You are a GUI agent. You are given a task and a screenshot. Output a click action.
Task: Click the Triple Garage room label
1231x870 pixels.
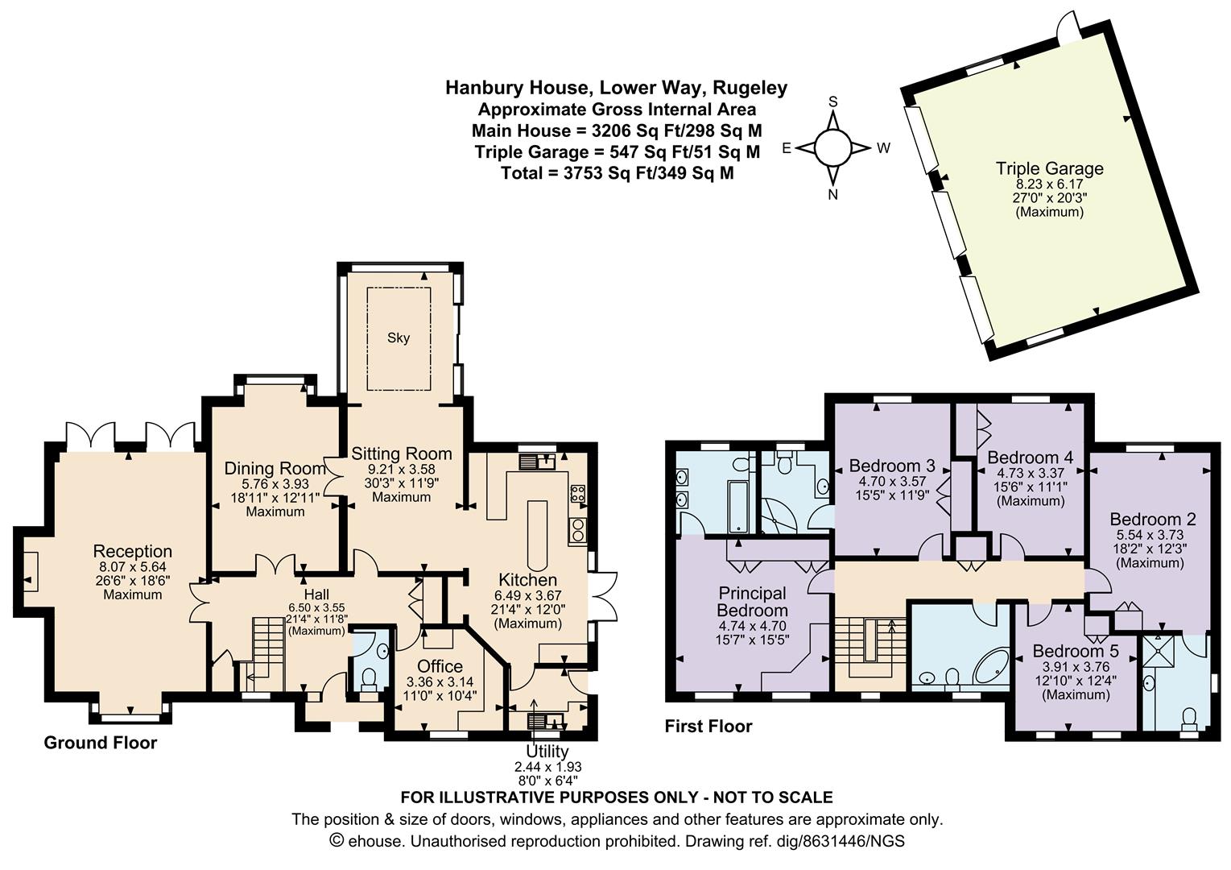pos(1050,168)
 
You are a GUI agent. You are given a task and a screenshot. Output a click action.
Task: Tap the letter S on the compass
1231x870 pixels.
pos(833,101)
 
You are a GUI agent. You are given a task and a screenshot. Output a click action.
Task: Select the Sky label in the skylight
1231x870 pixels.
pos(399,338)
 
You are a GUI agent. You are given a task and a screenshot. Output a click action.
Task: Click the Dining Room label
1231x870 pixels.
pos(275,469)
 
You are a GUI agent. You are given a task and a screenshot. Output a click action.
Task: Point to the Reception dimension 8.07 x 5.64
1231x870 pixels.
pos(133,567)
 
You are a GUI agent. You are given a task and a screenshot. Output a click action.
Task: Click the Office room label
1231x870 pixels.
pos(440,666)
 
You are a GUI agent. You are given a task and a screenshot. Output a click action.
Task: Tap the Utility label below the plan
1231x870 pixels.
pos(547,752)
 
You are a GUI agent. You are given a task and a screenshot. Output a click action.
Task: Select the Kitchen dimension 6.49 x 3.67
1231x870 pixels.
pos(527,595)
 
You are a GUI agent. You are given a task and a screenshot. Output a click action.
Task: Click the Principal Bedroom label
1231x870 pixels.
pos(752,602)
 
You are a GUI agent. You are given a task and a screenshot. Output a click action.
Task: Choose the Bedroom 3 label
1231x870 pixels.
pos(892,466)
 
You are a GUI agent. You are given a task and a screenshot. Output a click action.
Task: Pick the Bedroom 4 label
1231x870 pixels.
pos(1031,458)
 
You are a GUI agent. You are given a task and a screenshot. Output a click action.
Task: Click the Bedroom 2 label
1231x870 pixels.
pos(1152,519)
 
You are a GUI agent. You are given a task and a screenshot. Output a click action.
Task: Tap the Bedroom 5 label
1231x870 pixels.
pos(1076,651)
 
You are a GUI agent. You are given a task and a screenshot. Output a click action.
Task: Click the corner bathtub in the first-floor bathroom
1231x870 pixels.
pos(992,668)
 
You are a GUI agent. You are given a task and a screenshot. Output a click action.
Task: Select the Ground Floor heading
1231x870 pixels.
pos(101,743)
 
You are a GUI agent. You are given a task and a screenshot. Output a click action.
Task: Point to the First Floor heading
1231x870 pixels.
pos(708,727)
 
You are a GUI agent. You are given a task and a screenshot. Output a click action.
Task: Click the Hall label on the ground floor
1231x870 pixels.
pos(316,594)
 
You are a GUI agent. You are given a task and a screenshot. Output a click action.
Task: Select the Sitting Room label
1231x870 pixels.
pos(402,454)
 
